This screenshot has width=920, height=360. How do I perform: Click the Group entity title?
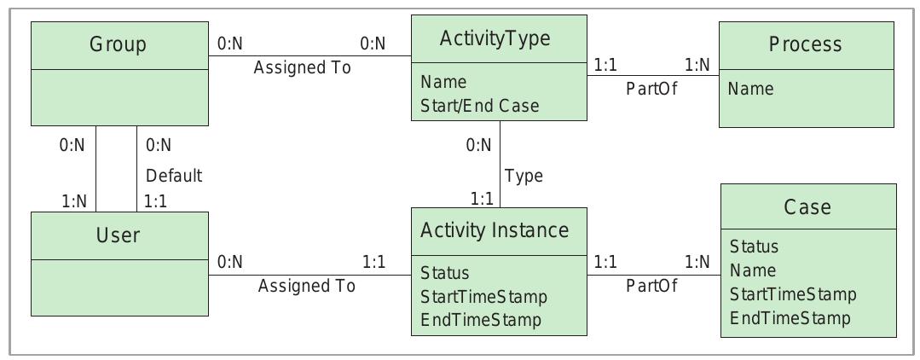point(119,45)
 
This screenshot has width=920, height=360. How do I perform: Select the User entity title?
point(119,235)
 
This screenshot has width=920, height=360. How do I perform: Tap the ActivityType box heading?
point(495,38)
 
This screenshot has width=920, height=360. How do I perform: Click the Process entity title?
point(806,44)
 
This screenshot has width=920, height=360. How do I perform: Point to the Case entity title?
point(807,206)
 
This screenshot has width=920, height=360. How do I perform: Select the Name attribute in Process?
point(750,89)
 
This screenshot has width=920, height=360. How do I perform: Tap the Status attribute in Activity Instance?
point(444,274)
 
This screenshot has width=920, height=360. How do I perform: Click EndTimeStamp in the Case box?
point(790,318)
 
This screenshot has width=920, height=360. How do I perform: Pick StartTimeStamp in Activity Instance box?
point(483,297)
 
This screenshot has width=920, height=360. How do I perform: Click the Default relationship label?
point(174,177)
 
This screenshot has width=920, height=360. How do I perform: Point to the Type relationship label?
point(524,177)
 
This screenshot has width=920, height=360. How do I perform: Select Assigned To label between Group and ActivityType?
point(302,68)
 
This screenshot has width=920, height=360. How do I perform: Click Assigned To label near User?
point(306,287)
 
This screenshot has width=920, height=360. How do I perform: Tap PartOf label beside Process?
point(651,90)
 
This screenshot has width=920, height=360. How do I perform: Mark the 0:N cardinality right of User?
point(230,262)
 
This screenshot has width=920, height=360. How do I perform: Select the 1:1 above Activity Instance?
point(482,198)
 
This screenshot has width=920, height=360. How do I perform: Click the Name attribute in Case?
point(753,270)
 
